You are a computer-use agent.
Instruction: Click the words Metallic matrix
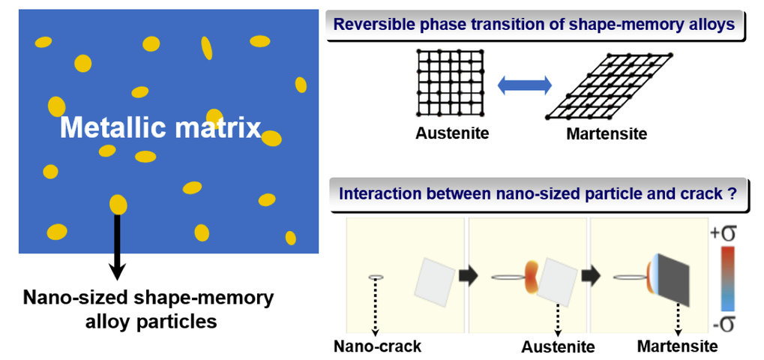(160, 128)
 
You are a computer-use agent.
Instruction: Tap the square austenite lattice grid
(451, 83)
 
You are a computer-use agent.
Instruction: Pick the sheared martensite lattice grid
(609, 87)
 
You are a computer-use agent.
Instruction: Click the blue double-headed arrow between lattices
(524, 86)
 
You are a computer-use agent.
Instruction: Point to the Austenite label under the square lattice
(451, 133)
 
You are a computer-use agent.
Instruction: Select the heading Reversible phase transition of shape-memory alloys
(535, 25)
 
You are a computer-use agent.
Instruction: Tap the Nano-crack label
(377, 346)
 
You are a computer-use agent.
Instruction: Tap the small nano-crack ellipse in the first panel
(376, 277)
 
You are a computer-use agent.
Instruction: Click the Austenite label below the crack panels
(559, 346)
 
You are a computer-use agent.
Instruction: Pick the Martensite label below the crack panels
(678, 346)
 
